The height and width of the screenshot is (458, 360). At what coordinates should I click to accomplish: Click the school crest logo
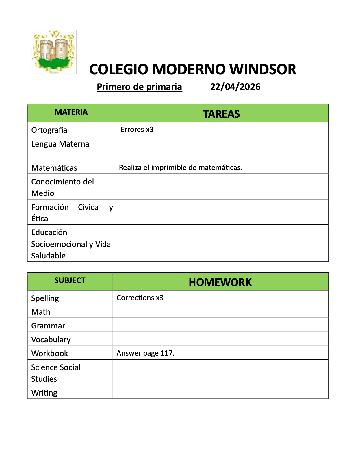(x=54, y=52)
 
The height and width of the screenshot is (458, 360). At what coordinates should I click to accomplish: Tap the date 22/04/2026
(x=235, y=87)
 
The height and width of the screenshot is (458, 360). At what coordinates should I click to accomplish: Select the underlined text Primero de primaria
(x=139, y=87)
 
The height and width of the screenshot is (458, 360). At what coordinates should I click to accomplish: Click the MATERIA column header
(x=71, y=112)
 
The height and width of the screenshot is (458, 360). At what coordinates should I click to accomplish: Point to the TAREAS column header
(x=221, y=114)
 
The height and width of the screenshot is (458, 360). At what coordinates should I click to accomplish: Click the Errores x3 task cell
(x=137, y=130)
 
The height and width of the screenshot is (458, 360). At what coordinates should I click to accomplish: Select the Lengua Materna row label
(x=60, y=144)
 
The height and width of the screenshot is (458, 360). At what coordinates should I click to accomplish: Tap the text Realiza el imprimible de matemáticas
(x=181, y=168)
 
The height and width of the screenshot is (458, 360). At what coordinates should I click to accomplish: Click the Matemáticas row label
(x=54, y=168)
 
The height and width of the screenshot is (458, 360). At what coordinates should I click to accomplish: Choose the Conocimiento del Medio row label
(x=62, y=187)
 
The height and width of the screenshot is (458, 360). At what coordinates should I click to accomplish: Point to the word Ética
(x=40, y=219)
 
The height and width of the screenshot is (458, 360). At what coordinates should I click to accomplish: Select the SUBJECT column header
(x=70, y=280)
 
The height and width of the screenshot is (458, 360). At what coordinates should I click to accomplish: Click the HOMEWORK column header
(x=220, y=282)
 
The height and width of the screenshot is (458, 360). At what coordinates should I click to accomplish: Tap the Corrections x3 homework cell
(x=140, y=298)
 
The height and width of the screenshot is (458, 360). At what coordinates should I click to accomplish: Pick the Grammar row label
(x=48, y=326)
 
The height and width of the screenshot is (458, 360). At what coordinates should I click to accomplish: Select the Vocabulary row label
(x=51, y=340)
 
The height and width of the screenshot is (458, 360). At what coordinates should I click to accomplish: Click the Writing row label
(x=44, y=393)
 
